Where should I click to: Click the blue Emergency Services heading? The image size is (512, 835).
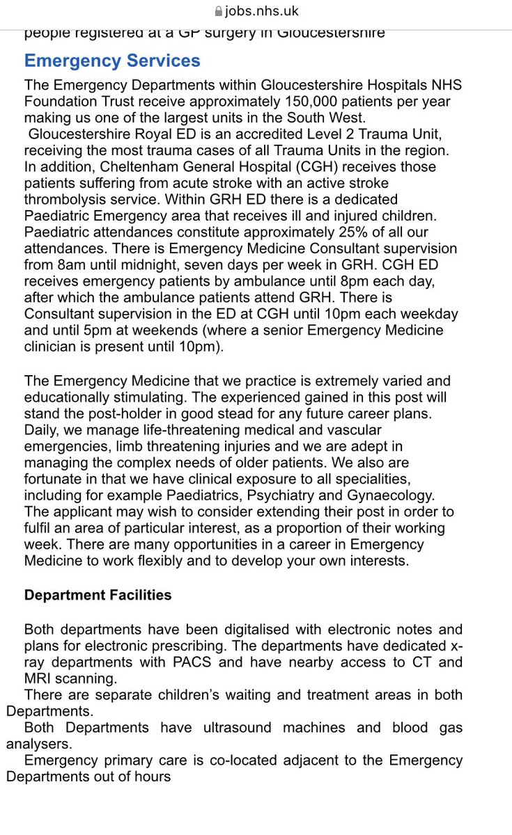pos(112,61)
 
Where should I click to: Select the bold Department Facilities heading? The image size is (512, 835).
pos(98,596)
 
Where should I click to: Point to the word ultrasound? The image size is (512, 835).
pos(217,728)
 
